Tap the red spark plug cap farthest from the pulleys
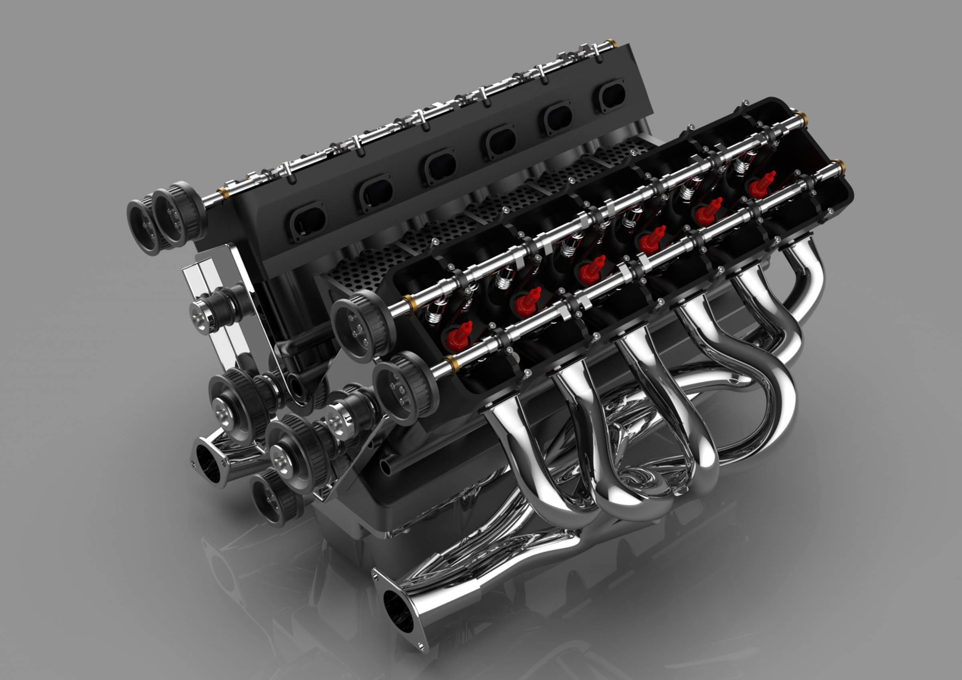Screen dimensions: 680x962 761,185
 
